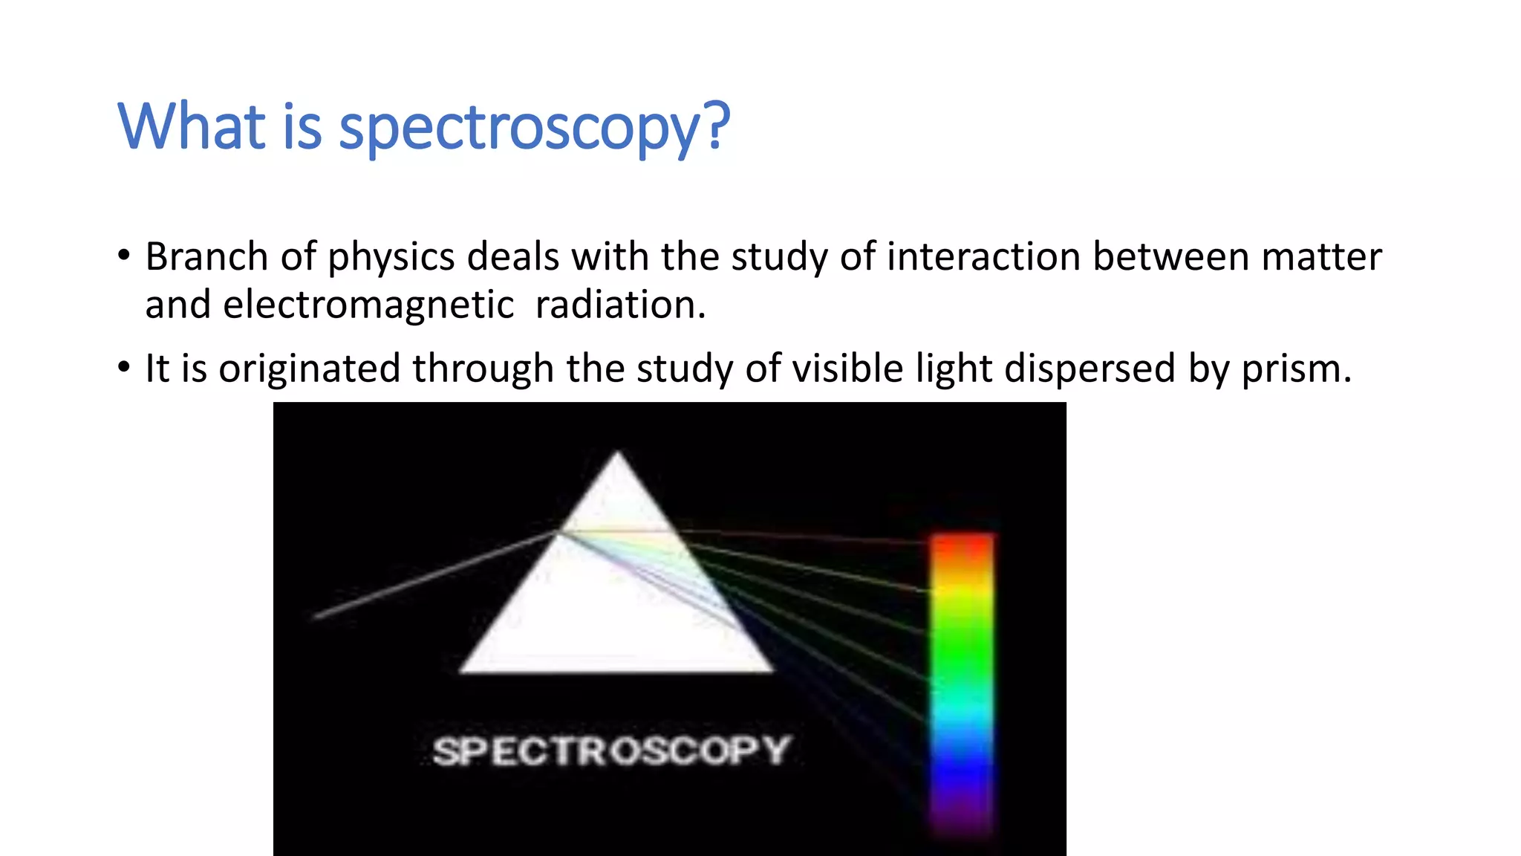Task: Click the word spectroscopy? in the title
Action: tap(535, 128)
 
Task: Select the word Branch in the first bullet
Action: tap(206, 257)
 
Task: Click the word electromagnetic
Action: tap(368, 305)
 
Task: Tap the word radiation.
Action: tap(619, 305)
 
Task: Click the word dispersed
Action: tap(1090, 369)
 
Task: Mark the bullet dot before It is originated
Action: tap(124, 368)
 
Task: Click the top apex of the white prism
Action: tap(617, 455)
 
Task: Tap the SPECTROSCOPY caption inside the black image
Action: tap(610, 750)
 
